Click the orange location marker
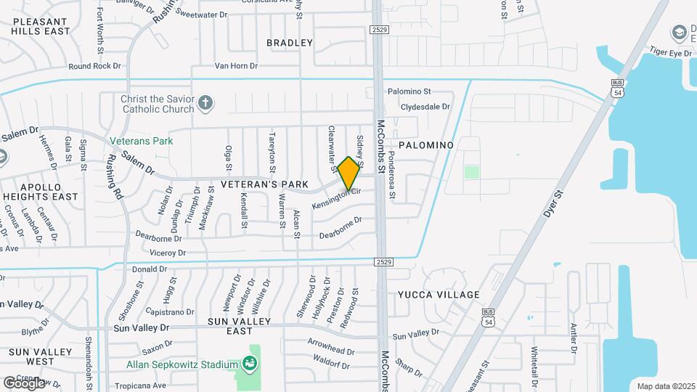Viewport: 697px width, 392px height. click(x=349, y=173)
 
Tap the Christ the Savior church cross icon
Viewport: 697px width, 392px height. click(x=205, y=103)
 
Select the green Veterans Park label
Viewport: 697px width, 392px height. click(x=142, y=141)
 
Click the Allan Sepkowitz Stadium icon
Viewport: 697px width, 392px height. click(x=250, y=363)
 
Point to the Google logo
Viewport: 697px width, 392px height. click(x=24, y=383)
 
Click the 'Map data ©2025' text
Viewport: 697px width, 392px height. click(x=665, y=386)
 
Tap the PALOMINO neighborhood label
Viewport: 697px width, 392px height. click(x=425, y=145)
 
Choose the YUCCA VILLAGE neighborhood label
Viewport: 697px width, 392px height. click(x=439, y=295)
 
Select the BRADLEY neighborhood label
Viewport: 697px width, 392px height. click(x=290, y=43)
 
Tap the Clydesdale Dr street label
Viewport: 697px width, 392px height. click(x=426, y=106)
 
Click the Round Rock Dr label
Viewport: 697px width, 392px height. click(x=94, y=65)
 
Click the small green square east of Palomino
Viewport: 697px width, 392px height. click(x=472, y=172)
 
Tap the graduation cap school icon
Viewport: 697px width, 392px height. click(x=679, y=33)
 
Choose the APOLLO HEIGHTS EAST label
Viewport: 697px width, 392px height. click(x=41, y=191)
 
